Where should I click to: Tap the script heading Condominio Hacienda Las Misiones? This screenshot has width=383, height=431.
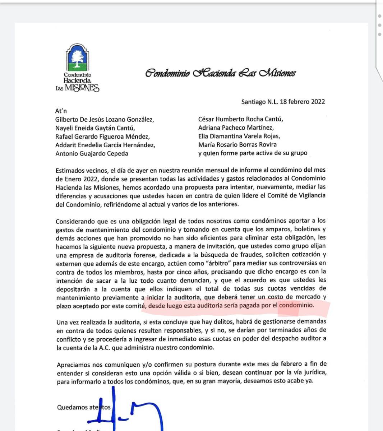(220, 73)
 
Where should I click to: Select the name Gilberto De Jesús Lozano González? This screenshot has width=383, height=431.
(105, 120)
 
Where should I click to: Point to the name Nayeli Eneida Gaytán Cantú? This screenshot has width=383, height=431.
(95, 128)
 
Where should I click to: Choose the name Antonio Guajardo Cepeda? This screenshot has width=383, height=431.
(92, 153)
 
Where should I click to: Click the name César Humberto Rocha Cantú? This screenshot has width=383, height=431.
(240, 119)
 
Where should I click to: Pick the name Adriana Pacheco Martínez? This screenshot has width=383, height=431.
(236, 128)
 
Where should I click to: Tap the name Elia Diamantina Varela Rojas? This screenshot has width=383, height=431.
(239, 136)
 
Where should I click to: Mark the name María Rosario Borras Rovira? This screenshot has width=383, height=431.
(237, 145)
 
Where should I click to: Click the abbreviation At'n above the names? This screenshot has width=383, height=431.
(61, 111)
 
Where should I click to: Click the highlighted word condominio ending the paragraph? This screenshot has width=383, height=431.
(296, 306)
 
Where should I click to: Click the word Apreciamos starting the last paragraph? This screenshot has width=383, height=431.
(73, 364)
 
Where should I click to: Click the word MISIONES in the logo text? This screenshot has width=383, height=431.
(82, 88)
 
